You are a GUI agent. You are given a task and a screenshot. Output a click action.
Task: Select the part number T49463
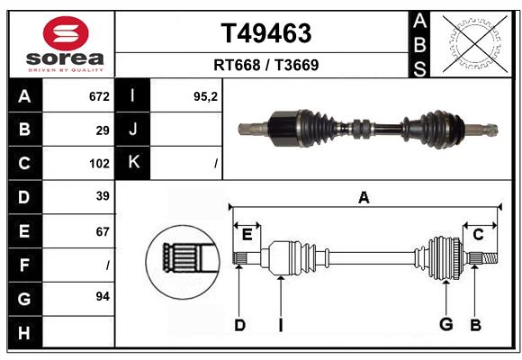click(266, 33)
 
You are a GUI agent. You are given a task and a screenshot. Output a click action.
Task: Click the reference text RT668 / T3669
click(266, 65)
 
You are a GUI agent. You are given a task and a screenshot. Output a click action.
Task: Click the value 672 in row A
click(99, 95)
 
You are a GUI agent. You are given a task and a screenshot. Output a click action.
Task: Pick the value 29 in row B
click(103, 130)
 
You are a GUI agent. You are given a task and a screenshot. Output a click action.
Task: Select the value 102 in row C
click(99, 164)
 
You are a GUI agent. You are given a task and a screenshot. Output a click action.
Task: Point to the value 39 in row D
click(103, 196)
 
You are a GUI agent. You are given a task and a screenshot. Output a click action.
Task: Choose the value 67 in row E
click(103, 231)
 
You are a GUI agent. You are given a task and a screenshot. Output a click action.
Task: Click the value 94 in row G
click(103, 296)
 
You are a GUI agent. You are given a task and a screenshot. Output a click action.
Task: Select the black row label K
click(133, 163)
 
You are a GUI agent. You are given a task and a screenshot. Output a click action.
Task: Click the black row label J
click(133, 130)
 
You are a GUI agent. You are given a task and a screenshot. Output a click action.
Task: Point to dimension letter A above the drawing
click(364, 197)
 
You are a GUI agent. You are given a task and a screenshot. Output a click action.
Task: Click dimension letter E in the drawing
click(247, 234)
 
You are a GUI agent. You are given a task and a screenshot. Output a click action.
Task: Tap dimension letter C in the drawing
click(479, 234)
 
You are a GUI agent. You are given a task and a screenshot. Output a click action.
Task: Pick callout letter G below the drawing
click(445, 324)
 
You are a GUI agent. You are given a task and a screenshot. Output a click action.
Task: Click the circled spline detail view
click(183, 260)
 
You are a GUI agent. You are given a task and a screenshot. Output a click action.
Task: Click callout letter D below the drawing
click(239, 324)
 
